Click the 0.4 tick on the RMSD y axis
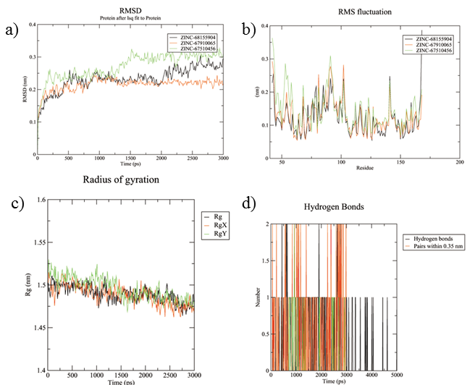pyautogui.click(x=31, y=25)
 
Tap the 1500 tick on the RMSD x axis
pyautogui.click(x=130, y=159)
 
